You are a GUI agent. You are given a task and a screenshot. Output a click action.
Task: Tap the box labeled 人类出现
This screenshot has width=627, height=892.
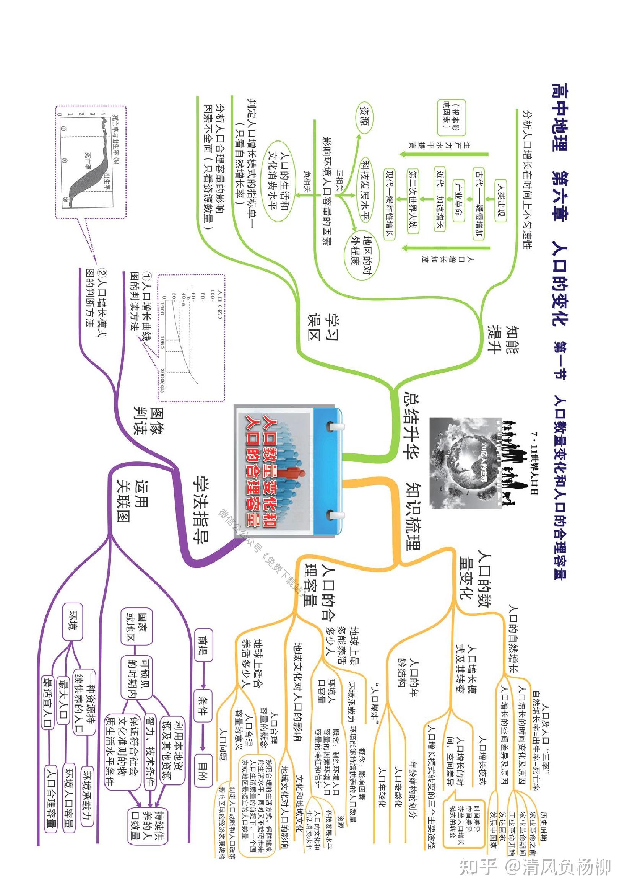click(501, 201)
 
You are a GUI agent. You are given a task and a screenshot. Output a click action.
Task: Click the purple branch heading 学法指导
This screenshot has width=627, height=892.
click(201, 509)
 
